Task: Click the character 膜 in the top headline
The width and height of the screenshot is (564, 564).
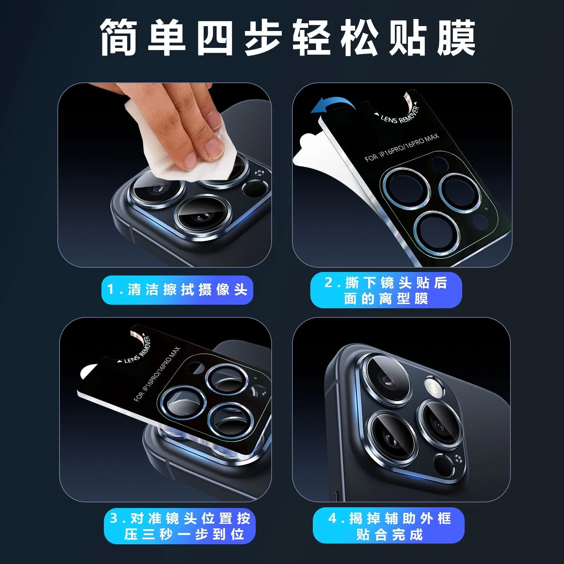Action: (457, 37)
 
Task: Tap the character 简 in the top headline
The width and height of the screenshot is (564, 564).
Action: (118, 37)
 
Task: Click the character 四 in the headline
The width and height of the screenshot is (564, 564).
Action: (215, 37)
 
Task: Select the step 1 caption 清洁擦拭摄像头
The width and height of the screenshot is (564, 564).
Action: (187, 290)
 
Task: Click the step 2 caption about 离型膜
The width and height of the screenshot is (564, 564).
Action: (386, 290)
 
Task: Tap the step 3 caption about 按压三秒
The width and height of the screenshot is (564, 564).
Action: (180, 526)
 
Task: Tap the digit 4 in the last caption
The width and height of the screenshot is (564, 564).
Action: (333, 519)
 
